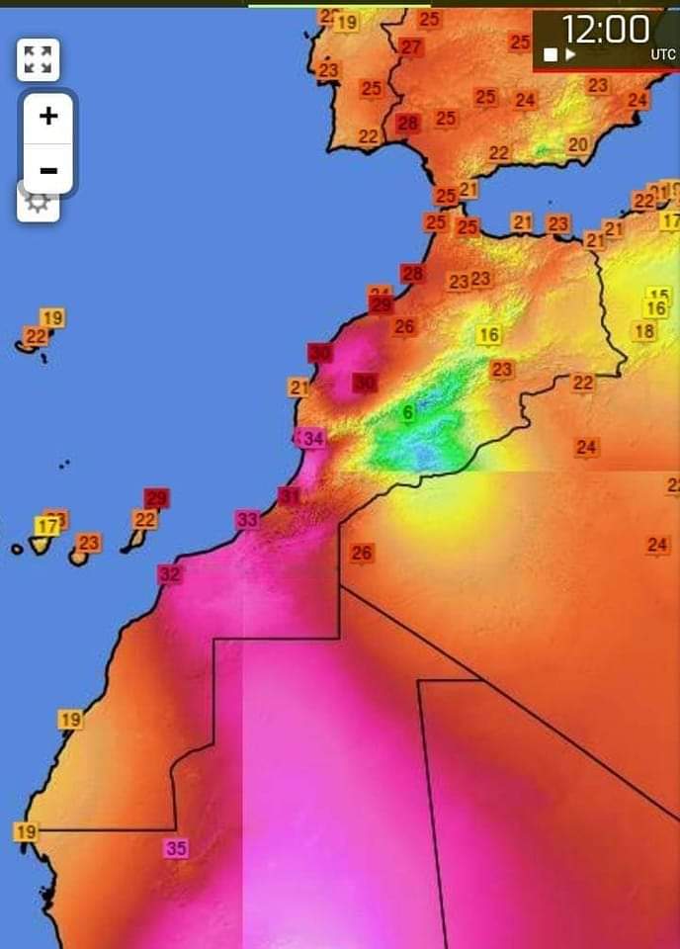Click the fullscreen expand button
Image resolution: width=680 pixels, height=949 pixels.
[x=39, y=59]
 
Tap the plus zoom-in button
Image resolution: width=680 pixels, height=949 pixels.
[x=47, y=117]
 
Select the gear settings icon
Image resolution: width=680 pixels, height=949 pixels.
[x=38, y=203]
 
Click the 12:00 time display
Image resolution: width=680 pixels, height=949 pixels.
[x=605, y=29]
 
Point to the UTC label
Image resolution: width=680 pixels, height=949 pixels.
[x=663, y=55]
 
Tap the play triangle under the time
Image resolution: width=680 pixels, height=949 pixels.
[x=570, y=54]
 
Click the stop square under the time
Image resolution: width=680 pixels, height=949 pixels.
[x=551, y=54]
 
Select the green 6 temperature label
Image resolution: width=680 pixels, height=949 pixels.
[x=407, y=413]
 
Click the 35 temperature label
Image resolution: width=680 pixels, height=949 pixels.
[x=176, y=847]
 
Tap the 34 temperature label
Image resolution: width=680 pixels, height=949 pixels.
[x=313, y=438]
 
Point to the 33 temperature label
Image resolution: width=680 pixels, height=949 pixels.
[x=247, y=519]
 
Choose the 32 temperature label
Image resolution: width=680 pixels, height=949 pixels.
[x=170, y=573]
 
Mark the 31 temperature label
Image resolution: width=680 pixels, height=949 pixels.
[x=290, y=495]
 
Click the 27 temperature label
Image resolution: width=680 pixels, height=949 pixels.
[x=411, y=47]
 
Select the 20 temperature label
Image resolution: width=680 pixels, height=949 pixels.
[x=578, y=144]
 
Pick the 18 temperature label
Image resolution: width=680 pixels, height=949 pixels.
[x=644, y=331]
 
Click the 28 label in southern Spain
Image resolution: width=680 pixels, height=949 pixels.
[x=407, y=124]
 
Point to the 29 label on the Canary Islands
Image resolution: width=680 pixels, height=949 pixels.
[x=156, y=498]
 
